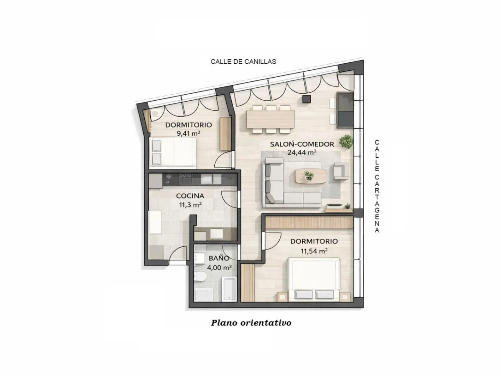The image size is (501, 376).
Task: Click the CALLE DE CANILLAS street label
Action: (243, 62)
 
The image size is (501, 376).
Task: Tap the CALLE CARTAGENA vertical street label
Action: (377, 186)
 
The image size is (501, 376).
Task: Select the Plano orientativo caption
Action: (251, 323)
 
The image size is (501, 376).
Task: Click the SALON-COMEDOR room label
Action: (302, 144)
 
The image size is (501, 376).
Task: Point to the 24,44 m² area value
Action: (302, 152)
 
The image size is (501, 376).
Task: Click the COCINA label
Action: (190, 196)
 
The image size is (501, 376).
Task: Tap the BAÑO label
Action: (219, 258)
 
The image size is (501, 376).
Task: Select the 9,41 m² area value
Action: (189, 133)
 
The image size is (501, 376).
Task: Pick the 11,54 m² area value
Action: (314, 251)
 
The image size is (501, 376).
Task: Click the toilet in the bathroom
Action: (201, 277)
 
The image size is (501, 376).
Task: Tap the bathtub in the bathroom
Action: (229, 289)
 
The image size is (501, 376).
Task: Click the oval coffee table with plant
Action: (310, 176)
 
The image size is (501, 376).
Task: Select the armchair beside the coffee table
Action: (341, 171)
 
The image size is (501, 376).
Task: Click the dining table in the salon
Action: (270, 119)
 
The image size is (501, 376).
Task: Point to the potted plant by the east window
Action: (346, 142)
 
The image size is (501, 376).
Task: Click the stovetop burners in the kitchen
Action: (185, 179)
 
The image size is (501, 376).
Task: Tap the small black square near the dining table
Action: (307, 99)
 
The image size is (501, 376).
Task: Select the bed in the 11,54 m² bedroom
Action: (314, 280)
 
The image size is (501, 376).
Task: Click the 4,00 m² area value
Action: (219, 267)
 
